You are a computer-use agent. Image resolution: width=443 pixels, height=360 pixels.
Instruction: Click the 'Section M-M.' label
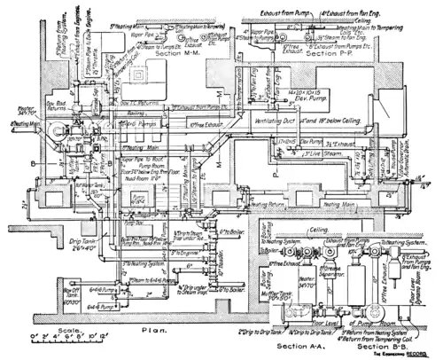point(180,54)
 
